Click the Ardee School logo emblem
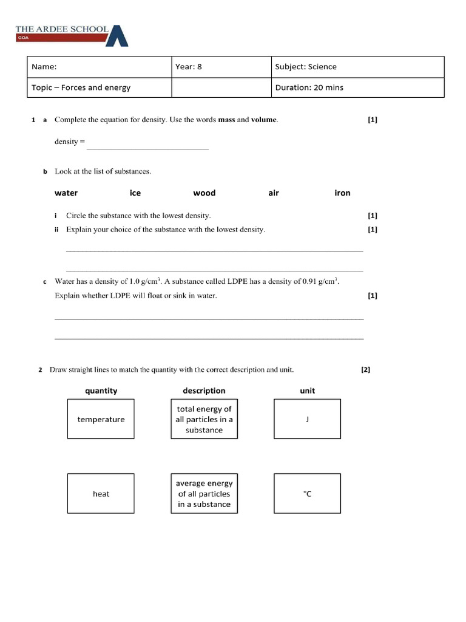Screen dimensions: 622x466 pyautogui.click(x=117, y=36)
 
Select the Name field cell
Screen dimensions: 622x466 pyautogui.click(x=100, y=67)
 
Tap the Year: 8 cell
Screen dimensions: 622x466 pyautogui.click(x=221, y=67)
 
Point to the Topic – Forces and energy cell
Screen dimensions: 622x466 pyautogui.click(x=100, y=87)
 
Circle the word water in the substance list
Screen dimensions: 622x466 pyautogui.click(x=66, y=193)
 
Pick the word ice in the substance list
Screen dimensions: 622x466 pyautogui.click(x=135, y=193)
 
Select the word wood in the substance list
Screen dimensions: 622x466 pyautogui.click(x=204, y=193)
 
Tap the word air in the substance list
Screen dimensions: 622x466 pyautogui.click(x=274, y=193)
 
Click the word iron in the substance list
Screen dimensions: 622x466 pyautogui.click(x=342, y=193)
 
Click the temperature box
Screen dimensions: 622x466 pyautogui.click(x=101, y=419)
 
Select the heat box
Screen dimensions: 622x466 pyautogui.click(x=101, y=494)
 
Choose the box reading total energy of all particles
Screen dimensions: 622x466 pyautogui.click(x=204, y=419)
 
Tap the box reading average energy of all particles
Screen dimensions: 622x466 pyautogui.click(x=204, y=494)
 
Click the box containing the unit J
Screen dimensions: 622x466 pyautogui.click(x=307, y=419)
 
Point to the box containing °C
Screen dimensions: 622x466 pyautogui.click(x=307, y=494)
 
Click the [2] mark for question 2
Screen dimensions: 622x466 pyautogui.click(x=365, y=369)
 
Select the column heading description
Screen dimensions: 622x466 pyautogui.click(x=204, y=391)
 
